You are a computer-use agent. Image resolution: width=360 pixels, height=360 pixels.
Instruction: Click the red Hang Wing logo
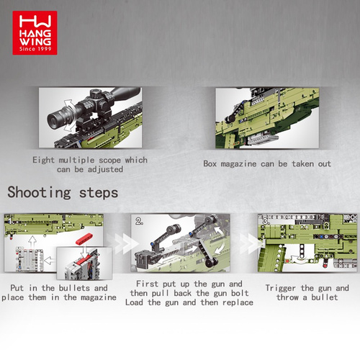pyautogui.click(x=35, y=33)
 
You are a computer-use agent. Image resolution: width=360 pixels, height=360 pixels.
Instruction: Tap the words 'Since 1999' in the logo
pyautogui.click(x=35, y=49)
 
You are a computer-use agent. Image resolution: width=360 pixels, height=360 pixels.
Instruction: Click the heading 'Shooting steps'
pyautogui.click(x=63, y=193)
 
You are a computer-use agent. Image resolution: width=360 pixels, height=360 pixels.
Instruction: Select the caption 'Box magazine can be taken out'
pyautogui.click(x=267, y=164)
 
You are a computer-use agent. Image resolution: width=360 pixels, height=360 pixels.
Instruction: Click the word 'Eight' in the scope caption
pyautogui.click(x=43, y=160)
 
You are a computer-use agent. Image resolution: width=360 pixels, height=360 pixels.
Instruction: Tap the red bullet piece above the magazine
pyautogui.click(x=84, y=239)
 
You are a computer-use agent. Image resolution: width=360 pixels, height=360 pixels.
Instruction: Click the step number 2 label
pyautogui.click(x=139, y=221)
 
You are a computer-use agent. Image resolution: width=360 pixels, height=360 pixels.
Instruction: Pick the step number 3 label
pyautogui.click(x=266, y=221)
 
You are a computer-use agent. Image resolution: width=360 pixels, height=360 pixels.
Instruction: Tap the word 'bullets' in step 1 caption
pyautogui.click(x=74, y=288)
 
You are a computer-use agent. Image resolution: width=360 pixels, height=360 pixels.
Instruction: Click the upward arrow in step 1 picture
pyautogui.click(x=32, y=242)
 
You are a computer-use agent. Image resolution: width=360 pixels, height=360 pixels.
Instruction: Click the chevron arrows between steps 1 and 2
pyautogui.click(x=122, y=243)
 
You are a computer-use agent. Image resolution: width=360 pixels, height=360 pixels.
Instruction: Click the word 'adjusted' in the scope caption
pyautogui.click(x=105, y=170)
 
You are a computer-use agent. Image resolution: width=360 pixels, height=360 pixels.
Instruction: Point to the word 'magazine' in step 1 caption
pyautogui.click(x=99, y=298)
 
